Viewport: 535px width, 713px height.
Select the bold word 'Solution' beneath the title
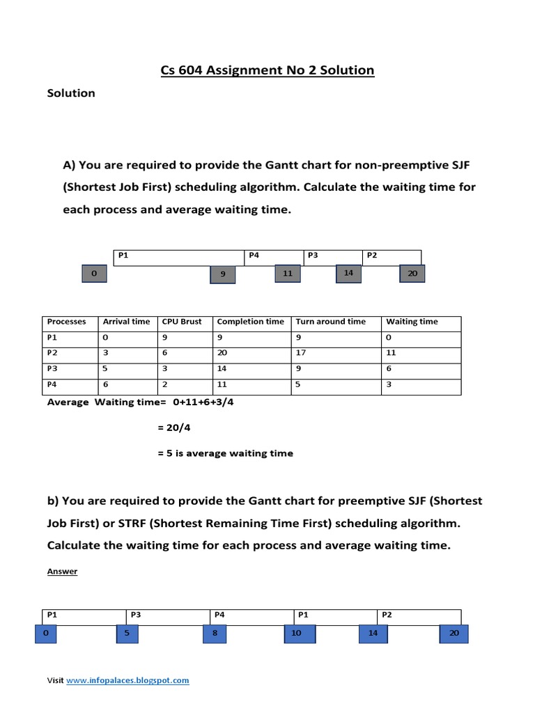[x=70, y=93]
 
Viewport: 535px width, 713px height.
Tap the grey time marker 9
[x=223, y=274]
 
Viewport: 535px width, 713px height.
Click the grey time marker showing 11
[x=287, y=274]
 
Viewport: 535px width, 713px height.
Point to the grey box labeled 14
[x=348, y=273]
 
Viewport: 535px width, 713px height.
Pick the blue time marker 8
[x=215, y=633]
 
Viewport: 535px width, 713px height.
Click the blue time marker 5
[x=127, y=633]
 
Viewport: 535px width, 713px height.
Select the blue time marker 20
[x=454, y=633]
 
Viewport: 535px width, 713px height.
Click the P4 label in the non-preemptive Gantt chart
[x=254, y=256]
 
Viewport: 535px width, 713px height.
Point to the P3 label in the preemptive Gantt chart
[x=136, y=615]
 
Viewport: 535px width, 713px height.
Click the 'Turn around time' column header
[x=330, y=322]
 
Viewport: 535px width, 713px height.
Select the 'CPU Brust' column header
[x=181, y=322]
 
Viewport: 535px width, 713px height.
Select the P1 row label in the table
[x=52, y=337]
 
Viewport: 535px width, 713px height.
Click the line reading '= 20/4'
[x=174, y=428]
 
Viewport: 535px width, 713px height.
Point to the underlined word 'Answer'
[x=62, y=572]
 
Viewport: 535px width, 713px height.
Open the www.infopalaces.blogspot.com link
[x=127, y=680]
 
